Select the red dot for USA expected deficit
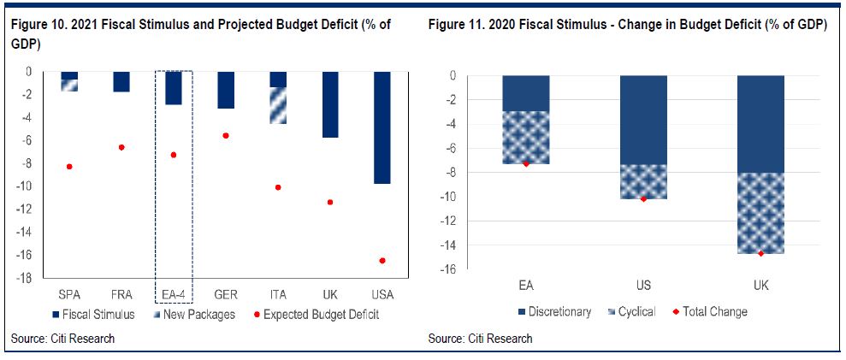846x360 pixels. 382,260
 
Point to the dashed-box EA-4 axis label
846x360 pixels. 174,294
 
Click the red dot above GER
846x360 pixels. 226,135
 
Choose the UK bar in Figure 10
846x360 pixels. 330,103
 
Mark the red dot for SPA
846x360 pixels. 69,166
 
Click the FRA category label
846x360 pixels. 121,294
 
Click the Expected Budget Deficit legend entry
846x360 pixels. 322,314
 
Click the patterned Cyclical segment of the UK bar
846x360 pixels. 760,213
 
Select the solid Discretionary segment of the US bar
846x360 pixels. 643,120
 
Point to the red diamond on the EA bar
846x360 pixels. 526,163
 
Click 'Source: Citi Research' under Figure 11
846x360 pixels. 481,339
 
